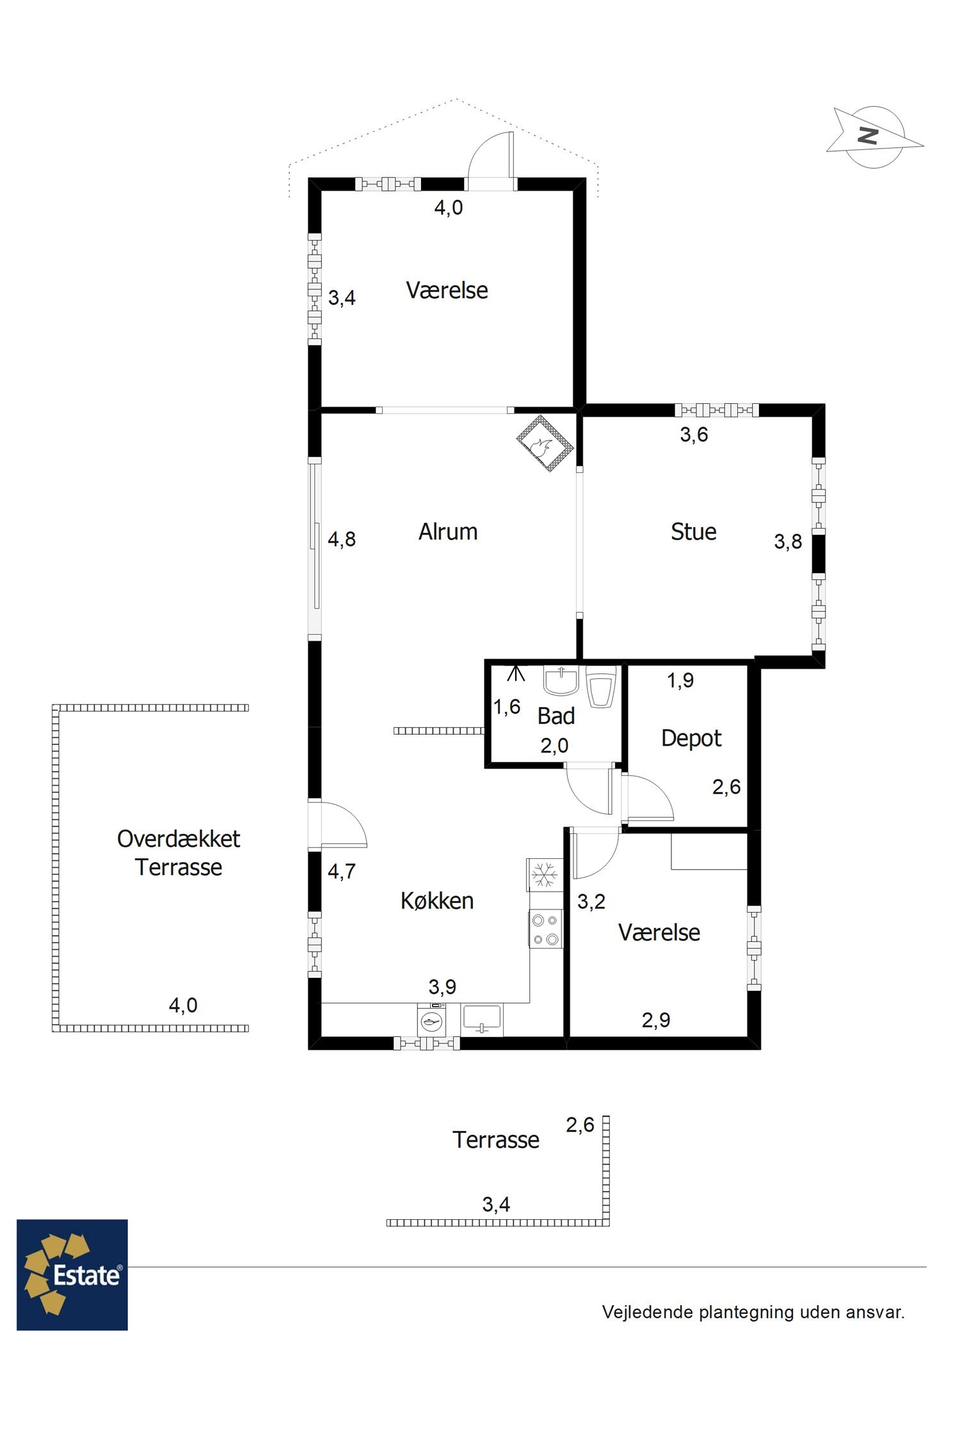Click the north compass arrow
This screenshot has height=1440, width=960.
[874, 137]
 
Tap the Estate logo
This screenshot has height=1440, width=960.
[72, 1274]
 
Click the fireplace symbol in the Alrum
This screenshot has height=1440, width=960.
[545, 443]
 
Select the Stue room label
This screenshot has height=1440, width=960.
[693, 531]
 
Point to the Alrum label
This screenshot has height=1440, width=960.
[448, 531]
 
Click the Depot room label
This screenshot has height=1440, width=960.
[691, 739]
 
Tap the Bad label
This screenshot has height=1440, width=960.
[556, 716]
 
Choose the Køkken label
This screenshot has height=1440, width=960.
[437, 900]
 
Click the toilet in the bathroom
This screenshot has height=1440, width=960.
[601, 686]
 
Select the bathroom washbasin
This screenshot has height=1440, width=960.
[561, 680]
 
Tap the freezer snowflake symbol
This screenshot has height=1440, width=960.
[545, 875]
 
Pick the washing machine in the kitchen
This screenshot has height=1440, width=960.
[433, 1020]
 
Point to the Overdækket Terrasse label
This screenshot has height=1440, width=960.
[179, 852]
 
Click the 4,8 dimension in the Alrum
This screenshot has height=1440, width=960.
[342, 539]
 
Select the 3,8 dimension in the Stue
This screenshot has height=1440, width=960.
[788, 541]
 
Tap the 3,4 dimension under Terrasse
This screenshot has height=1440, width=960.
[496, 1204]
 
